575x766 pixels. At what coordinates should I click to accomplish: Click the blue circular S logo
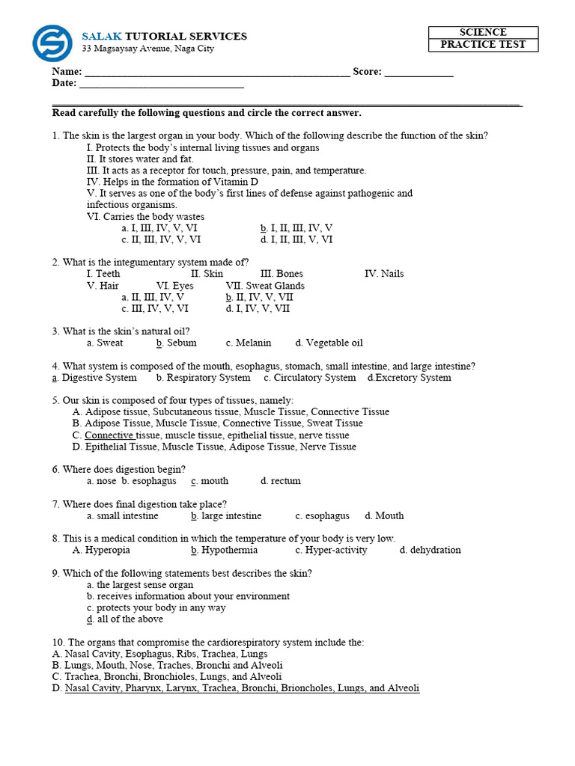[x=52, y=43]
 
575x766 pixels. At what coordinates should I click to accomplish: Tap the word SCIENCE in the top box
[x=483, y=32]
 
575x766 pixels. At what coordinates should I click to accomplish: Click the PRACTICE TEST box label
[x=483, y=45]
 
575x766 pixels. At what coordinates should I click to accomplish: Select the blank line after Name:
[x=217, y=73]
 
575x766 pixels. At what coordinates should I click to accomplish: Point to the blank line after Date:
[x=162, y=85]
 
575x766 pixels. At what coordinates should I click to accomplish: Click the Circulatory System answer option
[x=309, y=378]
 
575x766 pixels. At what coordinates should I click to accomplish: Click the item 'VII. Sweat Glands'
[x=265, y=286]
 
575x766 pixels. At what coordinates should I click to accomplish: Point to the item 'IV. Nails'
[x=384, y=274]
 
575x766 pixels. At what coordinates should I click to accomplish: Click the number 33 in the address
[x=88, y=49]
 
